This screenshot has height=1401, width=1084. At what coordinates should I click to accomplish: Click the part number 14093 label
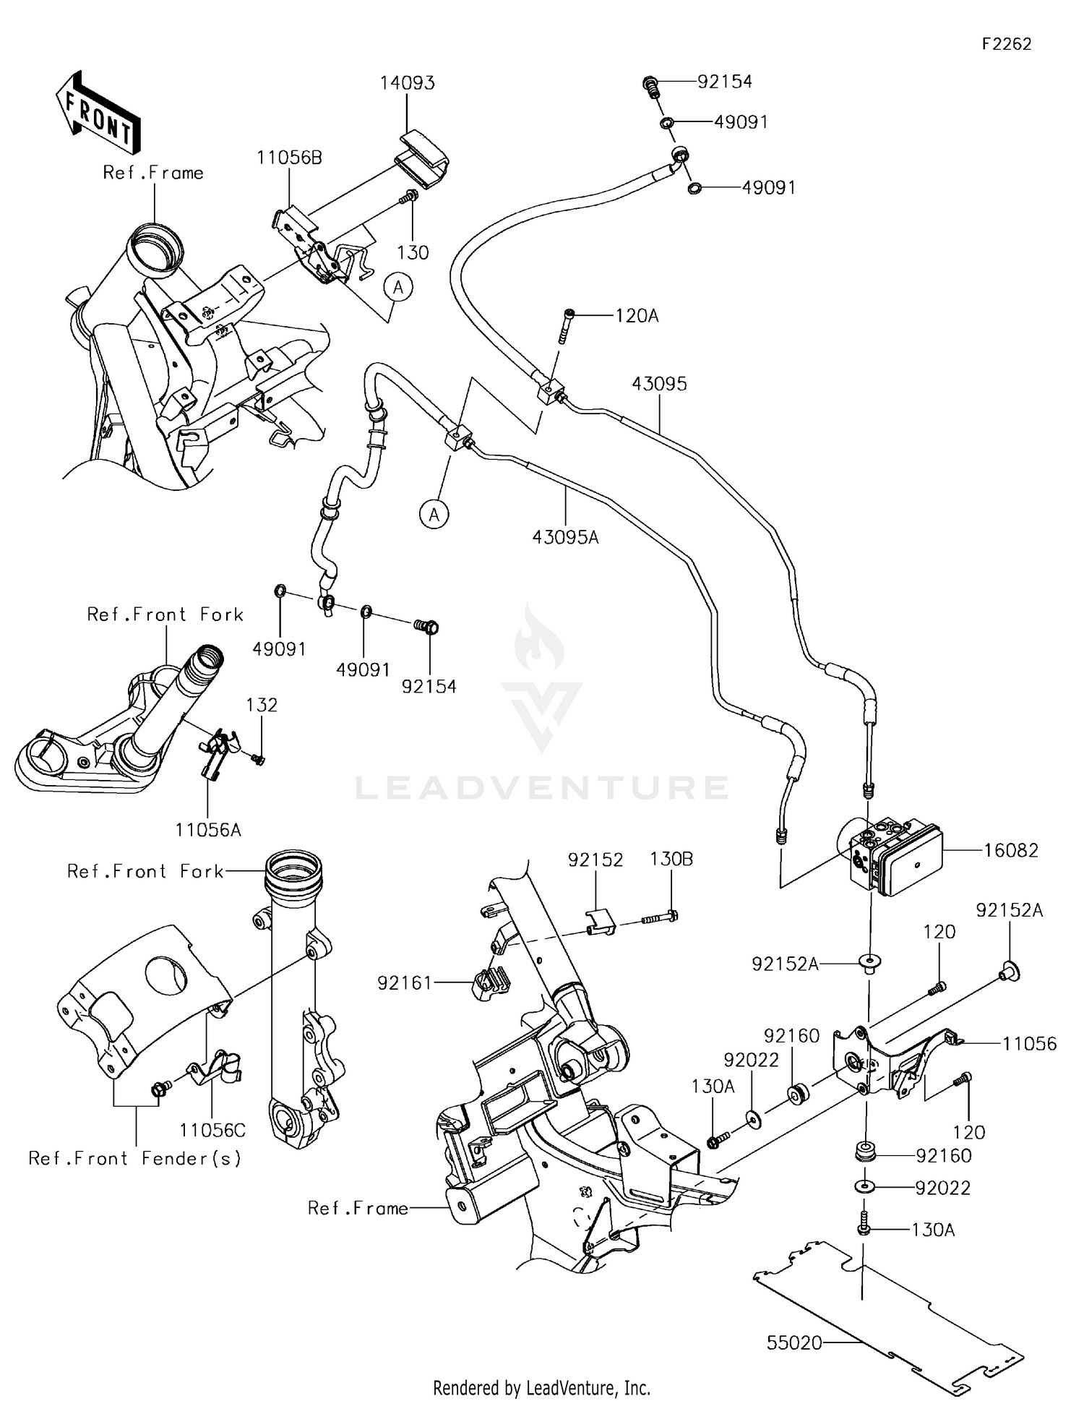tap(408, 83)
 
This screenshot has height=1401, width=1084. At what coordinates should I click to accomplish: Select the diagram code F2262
tap(1006, 44)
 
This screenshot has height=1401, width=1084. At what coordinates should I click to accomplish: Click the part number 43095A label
tap(565, 537)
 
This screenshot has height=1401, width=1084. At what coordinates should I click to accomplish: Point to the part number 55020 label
tap(794, 1342)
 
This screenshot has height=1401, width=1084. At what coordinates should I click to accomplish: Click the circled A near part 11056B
tap(398, 287)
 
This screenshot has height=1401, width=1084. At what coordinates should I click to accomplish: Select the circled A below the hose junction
tap(434, 514)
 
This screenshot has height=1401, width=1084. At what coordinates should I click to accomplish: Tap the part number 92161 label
tap(404, 982)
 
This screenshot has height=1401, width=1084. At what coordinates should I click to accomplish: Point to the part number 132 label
tap(262, 705)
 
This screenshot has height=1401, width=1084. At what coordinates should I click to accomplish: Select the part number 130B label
tap(671, 859)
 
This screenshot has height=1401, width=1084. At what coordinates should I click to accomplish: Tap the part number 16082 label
tap(1010, 850)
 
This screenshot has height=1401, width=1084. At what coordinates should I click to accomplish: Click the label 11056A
tap(208, 829)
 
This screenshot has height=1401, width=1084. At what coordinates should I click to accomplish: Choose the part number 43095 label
tap(659, 384)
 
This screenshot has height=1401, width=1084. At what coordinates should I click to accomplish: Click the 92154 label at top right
tap(724, 82)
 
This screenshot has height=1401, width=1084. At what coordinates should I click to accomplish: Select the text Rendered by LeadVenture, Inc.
tap(541, 1387)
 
